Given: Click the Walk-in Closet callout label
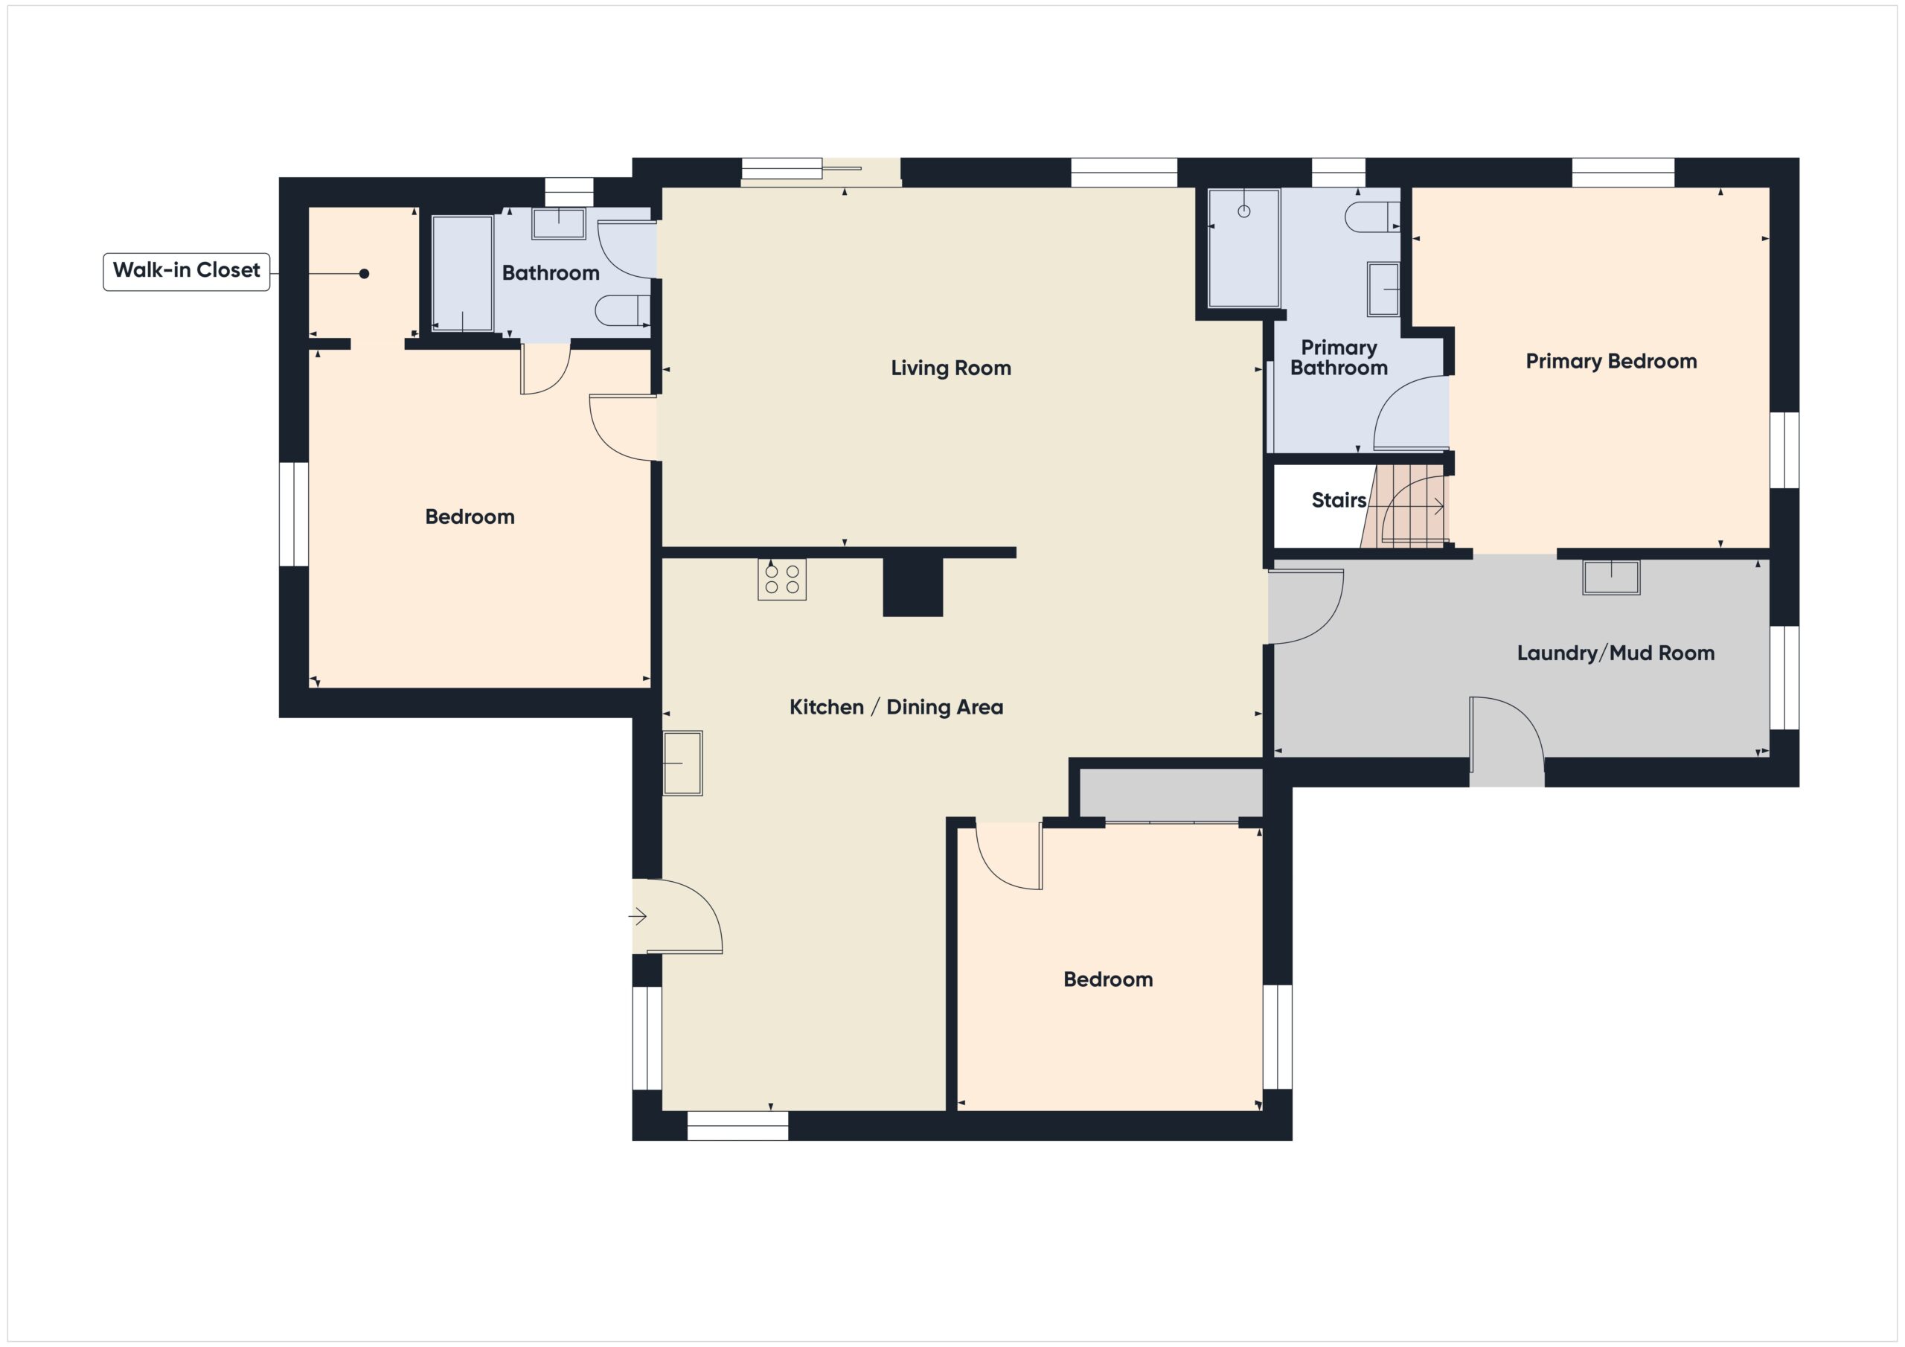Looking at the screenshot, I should pos(186,272).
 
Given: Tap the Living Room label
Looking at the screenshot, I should pos(951,368).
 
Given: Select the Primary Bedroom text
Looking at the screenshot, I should pos(1610,362).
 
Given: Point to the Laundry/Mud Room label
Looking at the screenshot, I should pos(1616,653).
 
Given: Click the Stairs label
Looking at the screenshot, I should pos(1338,500).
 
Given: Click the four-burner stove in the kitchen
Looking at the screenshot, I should pos(781,579).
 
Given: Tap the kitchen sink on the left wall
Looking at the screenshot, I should pos(683,763).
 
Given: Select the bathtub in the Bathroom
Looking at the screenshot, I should pos(462,274).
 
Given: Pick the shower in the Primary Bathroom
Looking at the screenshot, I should pos(1243,248).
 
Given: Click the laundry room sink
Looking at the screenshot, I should pos(1611,577).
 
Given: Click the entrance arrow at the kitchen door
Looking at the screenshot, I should pos(637,917).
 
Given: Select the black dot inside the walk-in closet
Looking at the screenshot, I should pos(364,274).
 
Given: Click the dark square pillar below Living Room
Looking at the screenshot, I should pos(912,586).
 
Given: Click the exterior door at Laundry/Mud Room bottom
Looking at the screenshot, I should pos(1506,743).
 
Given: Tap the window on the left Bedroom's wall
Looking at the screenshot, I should pos(294,514).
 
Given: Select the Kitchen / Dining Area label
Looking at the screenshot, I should pos(896,708).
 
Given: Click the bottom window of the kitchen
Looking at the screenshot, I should pos(737,1126).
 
